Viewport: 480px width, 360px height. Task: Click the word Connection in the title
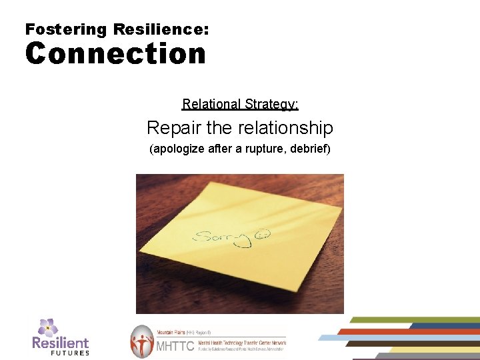click(115, 54)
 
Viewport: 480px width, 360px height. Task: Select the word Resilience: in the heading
click(161, 29)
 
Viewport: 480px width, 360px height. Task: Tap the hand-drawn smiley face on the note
click(265, 235)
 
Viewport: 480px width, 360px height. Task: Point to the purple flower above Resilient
click(47, 327)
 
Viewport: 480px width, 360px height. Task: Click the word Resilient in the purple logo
click(61, 343)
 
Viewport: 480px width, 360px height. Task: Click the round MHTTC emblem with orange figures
click(141, 341)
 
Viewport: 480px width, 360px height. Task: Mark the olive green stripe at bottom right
click(413, 320)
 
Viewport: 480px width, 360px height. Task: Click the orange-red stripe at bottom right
click(407, 331)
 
